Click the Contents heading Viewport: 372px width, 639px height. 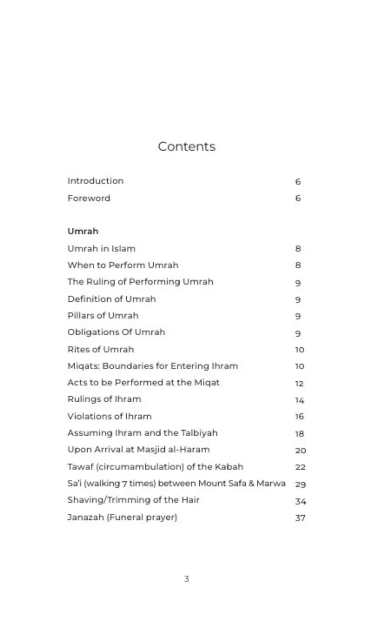pyautogui.click(x=186, y=147)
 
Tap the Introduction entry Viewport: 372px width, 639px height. pyautogui.click(x=95, y=181)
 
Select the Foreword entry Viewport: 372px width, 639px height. pyautogui.click(x=89, y=198)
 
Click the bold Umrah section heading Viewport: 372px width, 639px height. pyautogui.click(x=83, y=231)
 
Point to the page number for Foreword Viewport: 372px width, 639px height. pyautogui.click(x=298, y=199)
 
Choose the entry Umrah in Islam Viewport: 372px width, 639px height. pyautogui.click(x=101, y=248)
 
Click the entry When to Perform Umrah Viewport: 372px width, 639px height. pyautogui.click(x=123, y=265)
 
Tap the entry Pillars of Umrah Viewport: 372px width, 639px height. pyautogui.click(x=103, y=316)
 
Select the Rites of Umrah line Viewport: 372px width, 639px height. pyautogui.click(x=100, y=349)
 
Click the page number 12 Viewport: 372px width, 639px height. pyautogui.click(x=299, y=383)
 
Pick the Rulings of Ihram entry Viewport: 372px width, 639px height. pyautogui.click(x=104, y=399)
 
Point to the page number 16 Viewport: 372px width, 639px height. pyautogui.click(x=300, y=417)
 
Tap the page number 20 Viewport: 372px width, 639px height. pyautogui.click(x=300, y=450)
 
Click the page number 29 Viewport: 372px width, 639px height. pyautogui.click(x=300, y=484)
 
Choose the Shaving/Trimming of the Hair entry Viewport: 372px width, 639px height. pyautogui.click(x=133, y=500)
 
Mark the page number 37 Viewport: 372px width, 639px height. pyautogui.click(x=300, y=518)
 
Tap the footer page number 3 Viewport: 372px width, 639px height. pyautogui.click(x=186, y=579)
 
